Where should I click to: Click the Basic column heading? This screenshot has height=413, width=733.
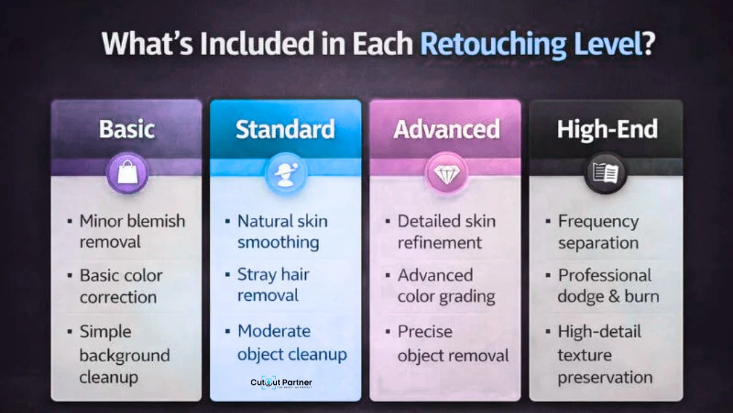click(x=127, y=129)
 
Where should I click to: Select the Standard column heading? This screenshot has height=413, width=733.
click(x=285, y=130)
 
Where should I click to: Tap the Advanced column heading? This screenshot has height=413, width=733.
click(x=446, y=130)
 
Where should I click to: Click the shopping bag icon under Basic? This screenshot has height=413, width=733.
click(x=127, y=173)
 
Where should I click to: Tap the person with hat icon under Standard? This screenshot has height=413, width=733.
click(x=285, y=173)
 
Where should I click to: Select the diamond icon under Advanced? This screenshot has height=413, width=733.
click(x=446, y=173)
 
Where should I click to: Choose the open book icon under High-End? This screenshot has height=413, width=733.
click(x=605, y=173)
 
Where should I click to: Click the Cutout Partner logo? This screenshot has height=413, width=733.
click(x=281, y=383)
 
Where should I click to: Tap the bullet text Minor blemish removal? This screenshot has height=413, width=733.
click(x=132, y=231)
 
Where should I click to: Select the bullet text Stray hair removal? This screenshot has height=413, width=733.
click(x=273, y=285)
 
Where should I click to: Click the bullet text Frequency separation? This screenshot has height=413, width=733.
click(x=598, y=232)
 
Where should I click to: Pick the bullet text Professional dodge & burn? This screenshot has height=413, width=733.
click(x=608, y=286)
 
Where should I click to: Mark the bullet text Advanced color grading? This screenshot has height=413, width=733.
click(x=446, y=286)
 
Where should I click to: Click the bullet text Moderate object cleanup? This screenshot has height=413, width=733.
click(x=292, y=342)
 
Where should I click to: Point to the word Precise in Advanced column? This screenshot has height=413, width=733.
click(x=425, y=332)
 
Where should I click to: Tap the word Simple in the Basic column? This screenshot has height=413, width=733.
click(x=105, y=332)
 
